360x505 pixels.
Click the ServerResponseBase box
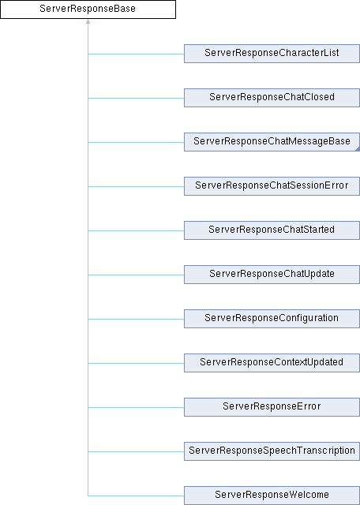[x=88, y=9]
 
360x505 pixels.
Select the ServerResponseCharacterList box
[x=272, y=54]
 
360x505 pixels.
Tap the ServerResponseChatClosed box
[x=272, y=98]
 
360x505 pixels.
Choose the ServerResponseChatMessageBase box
[x=272, y=142]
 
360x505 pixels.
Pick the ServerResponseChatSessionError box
[x=272, y=186]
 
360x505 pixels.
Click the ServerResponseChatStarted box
[x=272, y=230]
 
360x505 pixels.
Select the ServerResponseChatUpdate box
[x=272, y=275]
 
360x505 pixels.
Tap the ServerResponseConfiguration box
[x=272, y=319]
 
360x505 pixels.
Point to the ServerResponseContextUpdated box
[x=272, y=363]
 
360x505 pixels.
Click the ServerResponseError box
[x=272, y=407]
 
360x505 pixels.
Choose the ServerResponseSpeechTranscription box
[x=272, y=451]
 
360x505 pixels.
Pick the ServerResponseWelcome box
[x=272, y=496]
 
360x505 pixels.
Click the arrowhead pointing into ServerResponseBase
[x=88, y=21]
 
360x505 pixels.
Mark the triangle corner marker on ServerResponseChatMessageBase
[x=358, y=149]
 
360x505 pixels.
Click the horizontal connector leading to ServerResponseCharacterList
[x=136, y=54]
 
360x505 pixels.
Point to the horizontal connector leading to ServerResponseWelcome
[x=136, y=496]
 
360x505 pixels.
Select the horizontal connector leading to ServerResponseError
[x=136, y=407]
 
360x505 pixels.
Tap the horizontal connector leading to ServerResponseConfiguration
[x=136, y=319]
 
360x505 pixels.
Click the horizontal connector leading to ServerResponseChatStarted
[x=136, y=230]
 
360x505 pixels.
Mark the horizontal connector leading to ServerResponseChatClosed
[x=136, y=98]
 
